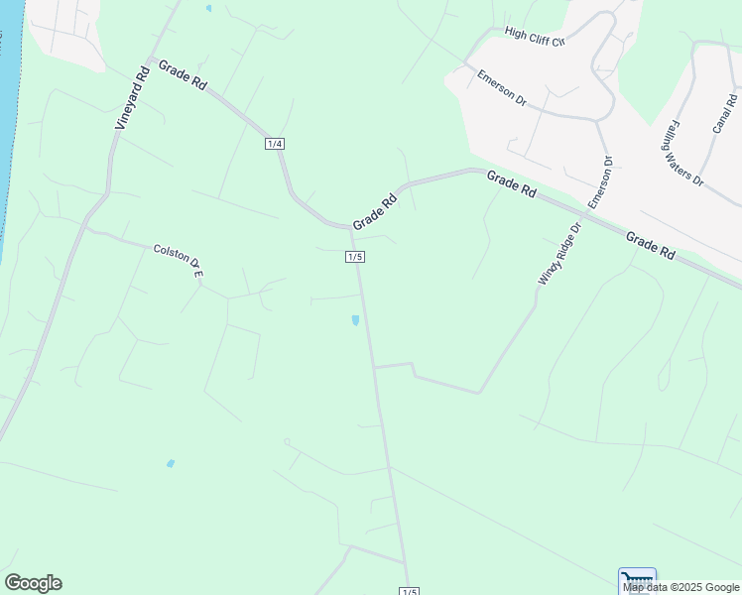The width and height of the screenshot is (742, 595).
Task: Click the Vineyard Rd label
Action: coord(131,99)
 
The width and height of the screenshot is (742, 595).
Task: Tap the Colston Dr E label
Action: coord(179,259)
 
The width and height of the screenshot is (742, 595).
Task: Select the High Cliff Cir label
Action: coord(534,37)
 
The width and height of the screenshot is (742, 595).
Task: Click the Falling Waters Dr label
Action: coord(683,154)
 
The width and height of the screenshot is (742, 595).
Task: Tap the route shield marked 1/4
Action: coord(275,144)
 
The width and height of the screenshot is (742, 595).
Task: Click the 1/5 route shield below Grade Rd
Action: coord(355,257)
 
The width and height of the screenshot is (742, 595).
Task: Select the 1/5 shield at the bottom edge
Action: coord(409,591)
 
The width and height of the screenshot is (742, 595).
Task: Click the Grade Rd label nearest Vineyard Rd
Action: coord(183,76)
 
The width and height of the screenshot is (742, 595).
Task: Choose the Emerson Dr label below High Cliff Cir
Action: coord(501,88)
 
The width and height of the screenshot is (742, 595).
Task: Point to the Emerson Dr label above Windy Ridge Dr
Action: coord(600,182)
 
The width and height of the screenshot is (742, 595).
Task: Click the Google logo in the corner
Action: coord(33,583)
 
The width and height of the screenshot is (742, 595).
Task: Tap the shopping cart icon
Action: coord(637,577)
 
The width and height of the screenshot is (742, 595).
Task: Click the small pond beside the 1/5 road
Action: coord(355,320)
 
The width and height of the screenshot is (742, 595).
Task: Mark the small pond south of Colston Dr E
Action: coord(171,463)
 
